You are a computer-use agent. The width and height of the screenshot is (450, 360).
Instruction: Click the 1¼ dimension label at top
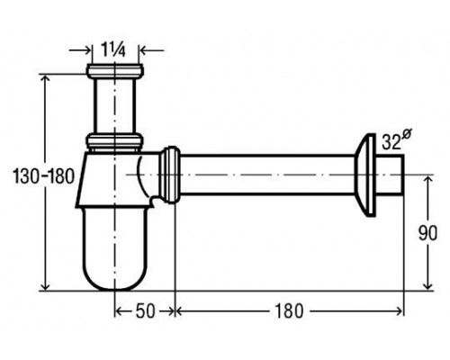click(x=113, y=49)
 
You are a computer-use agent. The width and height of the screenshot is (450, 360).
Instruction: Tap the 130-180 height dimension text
click(x=43, y=176)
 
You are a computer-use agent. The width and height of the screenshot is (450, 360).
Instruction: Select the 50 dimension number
click(x=146, y=311)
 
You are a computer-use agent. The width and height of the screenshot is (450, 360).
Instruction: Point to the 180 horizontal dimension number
click(x=289, y=311)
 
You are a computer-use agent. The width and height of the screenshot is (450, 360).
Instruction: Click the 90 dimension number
click(x=427, y=233)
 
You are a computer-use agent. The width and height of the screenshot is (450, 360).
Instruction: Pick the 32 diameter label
click(x=395, y=140)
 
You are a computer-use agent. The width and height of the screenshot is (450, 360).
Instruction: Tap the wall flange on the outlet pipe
click(x=364, y=175)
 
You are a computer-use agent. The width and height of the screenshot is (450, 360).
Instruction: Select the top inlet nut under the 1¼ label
click(x=115, y=71)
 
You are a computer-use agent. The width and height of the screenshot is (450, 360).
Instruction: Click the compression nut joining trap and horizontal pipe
click(x=170, y=175)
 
